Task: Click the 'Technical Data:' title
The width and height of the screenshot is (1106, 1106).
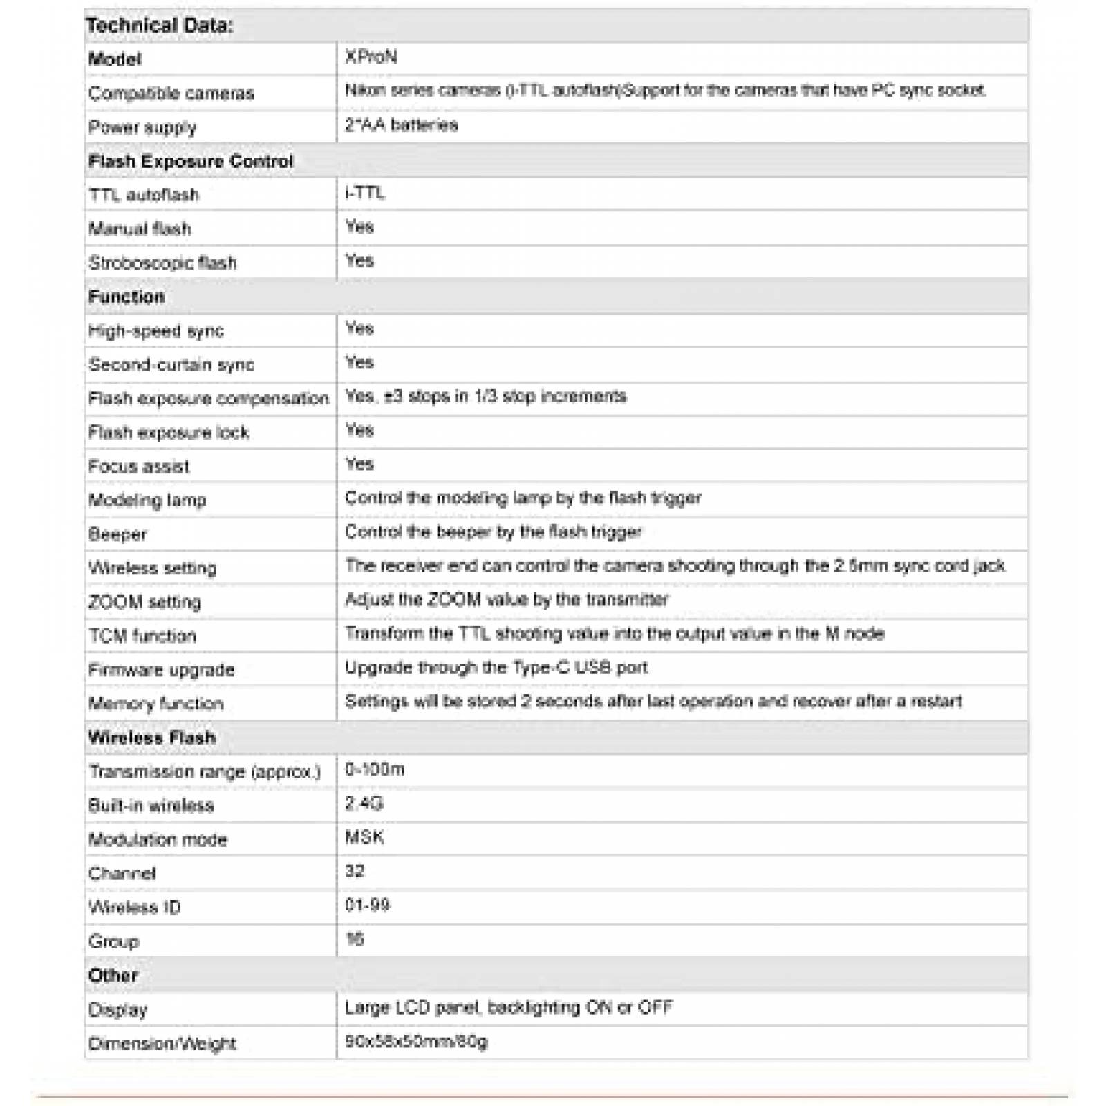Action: click(160, 26)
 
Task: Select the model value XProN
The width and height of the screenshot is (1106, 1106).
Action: click(371, 57)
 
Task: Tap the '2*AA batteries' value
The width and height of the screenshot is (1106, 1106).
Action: click(401, 125)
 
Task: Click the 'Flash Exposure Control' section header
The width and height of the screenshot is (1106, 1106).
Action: click(191, 161)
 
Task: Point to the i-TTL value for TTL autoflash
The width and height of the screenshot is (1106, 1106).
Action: click(365, 193)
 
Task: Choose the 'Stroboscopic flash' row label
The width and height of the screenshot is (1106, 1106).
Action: click(163, 263)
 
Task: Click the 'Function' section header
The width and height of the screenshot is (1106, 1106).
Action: click(127, 297)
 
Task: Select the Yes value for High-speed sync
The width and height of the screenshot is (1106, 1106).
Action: click(359, 328)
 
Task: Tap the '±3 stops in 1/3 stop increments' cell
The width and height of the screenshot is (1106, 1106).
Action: click(485, 396)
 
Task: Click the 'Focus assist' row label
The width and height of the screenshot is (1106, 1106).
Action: click(139, 467)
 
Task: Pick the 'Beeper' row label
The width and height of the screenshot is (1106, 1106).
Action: click(118, 534)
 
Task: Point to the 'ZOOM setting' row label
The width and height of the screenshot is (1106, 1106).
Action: click(145, 602)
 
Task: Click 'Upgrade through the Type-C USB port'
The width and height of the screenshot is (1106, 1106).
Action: click(496, 668)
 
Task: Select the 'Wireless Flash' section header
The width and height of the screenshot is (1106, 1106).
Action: click(152, 738)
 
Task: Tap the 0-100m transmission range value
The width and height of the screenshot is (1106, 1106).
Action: click(375, 769)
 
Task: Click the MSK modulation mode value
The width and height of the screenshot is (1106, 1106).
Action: click(364, 837)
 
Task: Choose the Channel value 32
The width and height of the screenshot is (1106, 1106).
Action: click(355, 871)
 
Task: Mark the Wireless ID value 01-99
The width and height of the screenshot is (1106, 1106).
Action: click(367, 905)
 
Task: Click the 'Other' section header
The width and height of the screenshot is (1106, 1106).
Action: click(113, 975)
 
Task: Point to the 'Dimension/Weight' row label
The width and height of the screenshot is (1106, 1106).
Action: click(162, 1044)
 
